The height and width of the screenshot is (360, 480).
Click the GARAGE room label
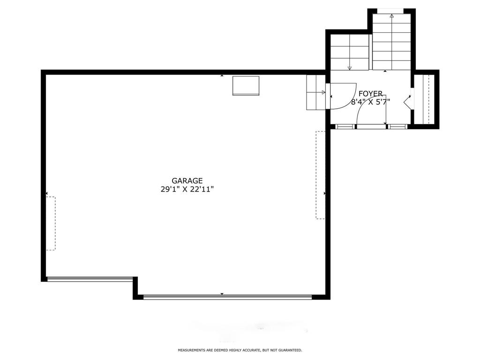(x=187, y=181)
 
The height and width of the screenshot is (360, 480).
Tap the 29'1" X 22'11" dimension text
(x=187, y=189)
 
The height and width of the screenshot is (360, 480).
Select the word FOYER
(x=370, y=94)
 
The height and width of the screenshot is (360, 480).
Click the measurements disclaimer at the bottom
(x=240, y=350)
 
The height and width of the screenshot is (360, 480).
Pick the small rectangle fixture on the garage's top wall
(x=246, y=86)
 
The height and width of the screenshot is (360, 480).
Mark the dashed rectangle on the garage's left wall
(x=51, y=224)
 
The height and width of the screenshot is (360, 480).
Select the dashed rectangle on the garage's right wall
(x=321, y=175)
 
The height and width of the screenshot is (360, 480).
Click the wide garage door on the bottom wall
(x=227, y=296)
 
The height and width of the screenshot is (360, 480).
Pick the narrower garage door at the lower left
(x=90, y=278)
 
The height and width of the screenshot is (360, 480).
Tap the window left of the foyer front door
(x=345, y=126)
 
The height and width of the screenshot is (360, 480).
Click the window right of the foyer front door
(x=397, y=126)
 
